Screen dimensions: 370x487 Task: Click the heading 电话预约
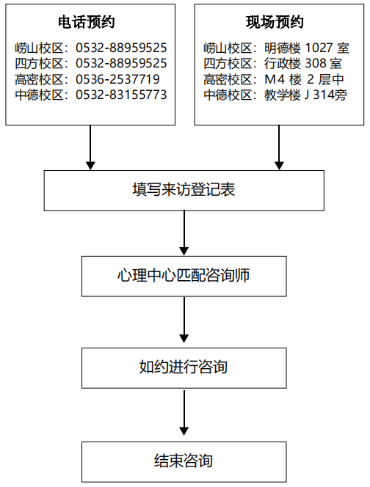pos(87,22)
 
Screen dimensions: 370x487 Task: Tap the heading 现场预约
pos(275,22)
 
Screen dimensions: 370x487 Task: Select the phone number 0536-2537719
pos(117,79)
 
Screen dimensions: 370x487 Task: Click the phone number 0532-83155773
pos(121,95)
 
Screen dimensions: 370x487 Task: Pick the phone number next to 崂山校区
pos(121,48)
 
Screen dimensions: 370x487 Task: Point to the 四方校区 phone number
pos(121,63)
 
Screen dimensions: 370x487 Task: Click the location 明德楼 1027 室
pos(307,48)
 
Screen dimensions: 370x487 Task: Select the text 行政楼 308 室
pos(303,63)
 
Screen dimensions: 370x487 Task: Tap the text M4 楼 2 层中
pos(304,79)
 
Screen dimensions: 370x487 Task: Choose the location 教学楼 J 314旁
pos(305,95)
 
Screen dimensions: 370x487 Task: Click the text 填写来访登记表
pos(184,189)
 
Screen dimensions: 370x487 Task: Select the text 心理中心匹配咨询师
pos(184,276)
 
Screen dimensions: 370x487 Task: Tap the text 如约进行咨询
pos(184,367)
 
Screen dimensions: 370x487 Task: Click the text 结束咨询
pos(184,461)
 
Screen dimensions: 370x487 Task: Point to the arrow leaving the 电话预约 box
pos(90,147)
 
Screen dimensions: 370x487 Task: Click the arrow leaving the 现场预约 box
pos(279,147)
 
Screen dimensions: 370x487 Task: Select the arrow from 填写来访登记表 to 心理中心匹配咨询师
pos(184,233)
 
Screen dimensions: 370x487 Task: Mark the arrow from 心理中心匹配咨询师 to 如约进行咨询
pos(184,320)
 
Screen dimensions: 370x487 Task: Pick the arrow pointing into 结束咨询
pos(184,413)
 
